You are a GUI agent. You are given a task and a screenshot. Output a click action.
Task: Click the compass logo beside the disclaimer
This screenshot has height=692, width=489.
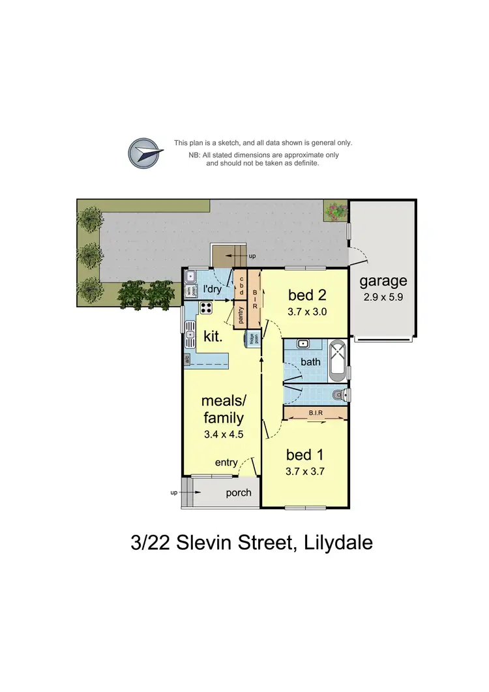tap(145, 154)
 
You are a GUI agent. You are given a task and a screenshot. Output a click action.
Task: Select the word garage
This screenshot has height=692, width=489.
tap(383, 281)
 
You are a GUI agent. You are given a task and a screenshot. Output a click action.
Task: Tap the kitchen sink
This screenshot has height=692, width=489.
tap(190, 338)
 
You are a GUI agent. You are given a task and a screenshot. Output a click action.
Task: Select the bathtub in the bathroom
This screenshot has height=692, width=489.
tap(339, 361)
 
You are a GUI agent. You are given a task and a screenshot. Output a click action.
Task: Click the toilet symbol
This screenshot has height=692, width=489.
tap(339, 395)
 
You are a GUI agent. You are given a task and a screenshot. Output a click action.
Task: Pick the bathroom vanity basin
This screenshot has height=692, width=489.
tap(303, 343)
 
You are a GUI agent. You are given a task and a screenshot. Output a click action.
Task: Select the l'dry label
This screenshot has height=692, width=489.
tap(213, 289)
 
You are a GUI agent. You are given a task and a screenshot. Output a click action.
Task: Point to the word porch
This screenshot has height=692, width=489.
tap(239, 492)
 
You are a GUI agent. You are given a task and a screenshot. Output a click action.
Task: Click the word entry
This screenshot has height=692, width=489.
tap(227, 462)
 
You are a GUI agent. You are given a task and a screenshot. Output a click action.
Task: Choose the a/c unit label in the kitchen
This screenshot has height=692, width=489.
tap(187, 358)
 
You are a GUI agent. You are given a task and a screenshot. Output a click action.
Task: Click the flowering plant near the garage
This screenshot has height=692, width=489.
tap(336, 210)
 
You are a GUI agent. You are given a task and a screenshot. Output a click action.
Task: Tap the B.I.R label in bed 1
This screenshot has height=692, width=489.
tap(316, 412)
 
